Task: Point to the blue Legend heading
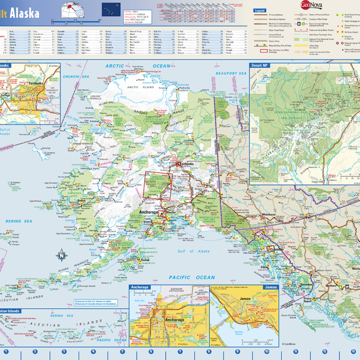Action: [260, 10]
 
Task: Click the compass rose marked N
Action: [61, 255]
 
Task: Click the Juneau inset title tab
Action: [270, 287]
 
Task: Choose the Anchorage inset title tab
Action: [140, 287]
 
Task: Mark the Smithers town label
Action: [332, 285]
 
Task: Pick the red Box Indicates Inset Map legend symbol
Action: [264, 50]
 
